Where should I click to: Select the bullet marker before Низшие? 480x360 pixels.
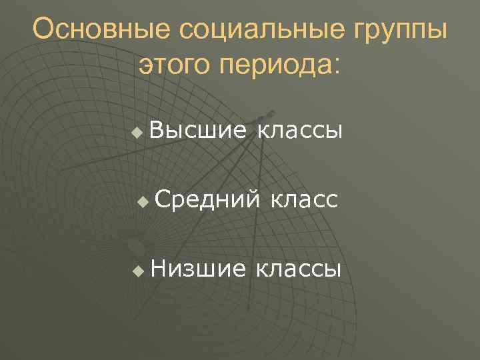coord(137,271)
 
